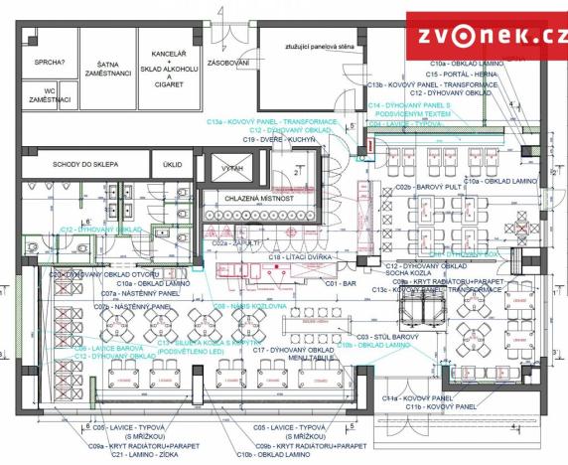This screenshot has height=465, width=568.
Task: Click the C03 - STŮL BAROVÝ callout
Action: point(391,336)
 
